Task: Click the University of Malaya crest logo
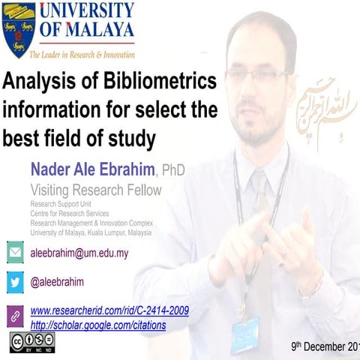click(19, 30)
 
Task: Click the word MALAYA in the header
click(97, 30)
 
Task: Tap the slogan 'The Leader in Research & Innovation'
click(82, 55)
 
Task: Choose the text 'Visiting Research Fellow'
click(95, 190)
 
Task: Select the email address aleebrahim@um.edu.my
click(79, 253)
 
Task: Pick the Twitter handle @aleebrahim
click(57, 283)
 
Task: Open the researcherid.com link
click(109, 310)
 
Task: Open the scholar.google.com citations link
click(98, 325)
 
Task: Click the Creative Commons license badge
click(31, 343)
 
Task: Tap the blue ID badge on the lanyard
click(245, 334)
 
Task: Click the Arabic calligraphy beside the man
click(323, 112)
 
